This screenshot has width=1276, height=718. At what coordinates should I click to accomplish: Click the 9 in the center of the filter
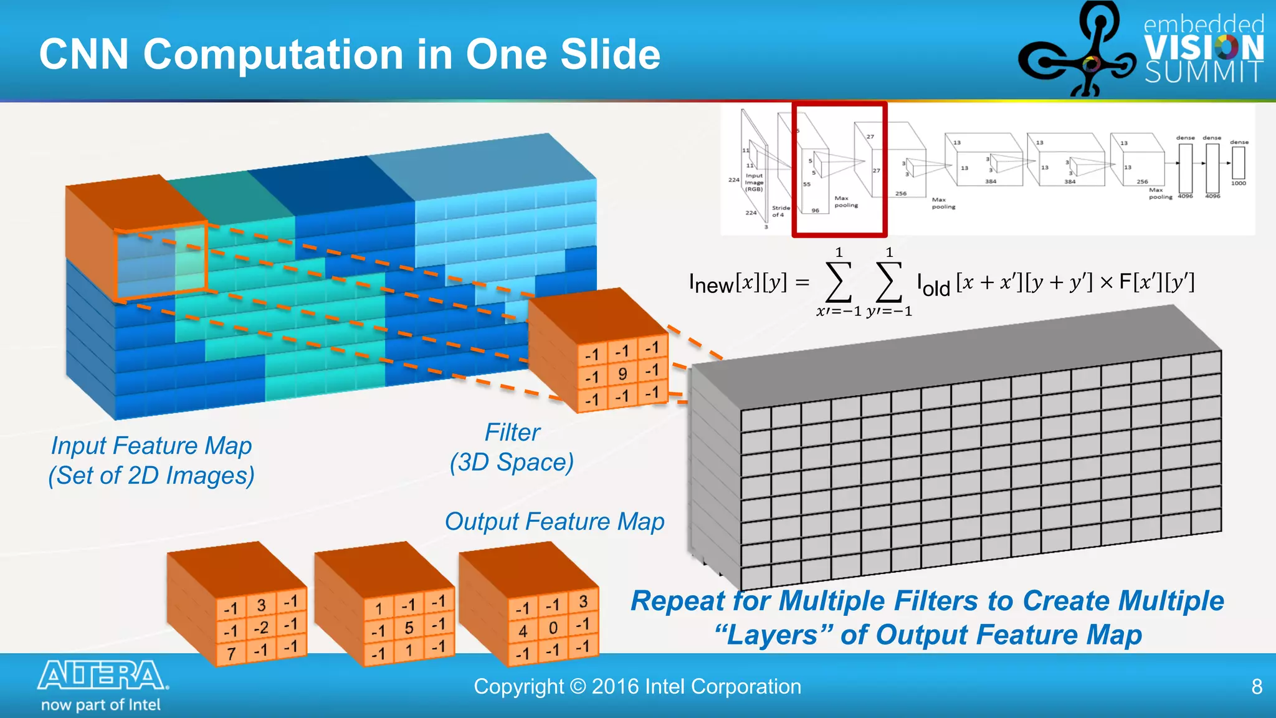point(622,374)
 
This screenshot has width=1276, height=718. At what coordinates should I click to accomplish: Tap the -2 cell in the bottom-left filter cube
point(261,628)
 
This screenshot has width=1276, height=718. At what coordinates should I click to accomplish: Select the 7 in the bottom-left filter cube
point(231,653)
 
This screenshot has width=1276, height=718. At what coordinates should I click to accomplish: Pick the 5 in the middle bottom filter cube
point(409,628)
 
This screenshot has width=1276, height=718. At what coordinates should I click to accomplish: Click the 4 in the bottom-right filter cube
point(523,631)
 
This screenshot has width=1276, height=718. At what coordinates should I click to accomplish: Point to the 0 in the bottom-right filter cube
point(553,628)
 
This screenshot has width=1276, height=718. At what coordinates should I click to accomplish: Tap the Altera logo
point(103,676)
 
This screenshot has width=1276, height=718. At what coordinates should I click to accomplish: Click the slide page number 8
point(1257,687)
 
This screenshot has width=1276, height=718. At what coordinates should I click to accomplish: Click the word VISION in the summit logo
point(1204,48)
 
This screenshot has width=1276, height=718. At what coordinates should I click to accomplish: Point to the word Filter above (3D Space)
point(512,433)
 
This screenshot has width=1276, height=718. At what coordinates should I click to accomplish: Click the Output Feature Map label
point(555,522)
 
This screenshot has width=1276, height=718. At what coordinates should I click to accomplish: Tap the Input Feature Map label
point(151,446)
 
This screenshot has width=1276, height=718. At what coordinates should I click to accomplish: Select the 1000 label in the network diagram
point(1238,183)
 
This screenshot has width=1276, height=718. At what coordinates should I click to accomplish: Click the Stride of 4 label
point(781,211)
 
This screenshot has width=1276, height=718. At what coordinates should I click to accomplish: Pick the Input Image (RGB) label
point(754,182)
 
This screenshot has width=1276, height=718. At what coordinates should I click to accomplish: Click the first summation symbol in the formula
point(839,282)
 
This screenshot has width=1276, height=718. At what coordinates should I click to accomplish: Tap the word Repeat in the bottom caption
point(678,601)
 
